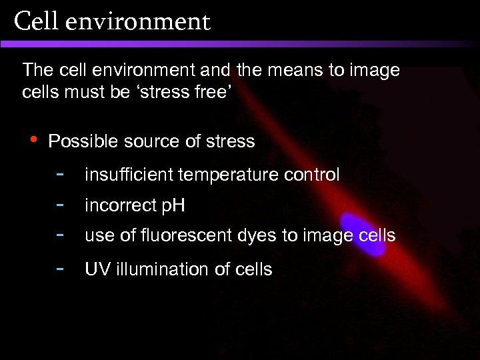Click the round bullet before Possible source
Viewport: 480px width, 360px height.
(x=33, y=138)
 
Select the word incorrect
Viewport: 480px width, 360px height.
(x=120, y=205)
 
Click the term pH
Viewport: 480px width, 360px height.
(x=173, y=206)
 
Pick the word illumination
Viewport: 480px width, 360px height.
(x=156, y=269)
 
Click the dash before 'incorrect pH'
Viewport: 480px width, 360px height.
(x=60, y=203)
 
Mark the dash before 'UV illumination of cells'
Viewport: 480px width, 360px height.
(x=60, y=267)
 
